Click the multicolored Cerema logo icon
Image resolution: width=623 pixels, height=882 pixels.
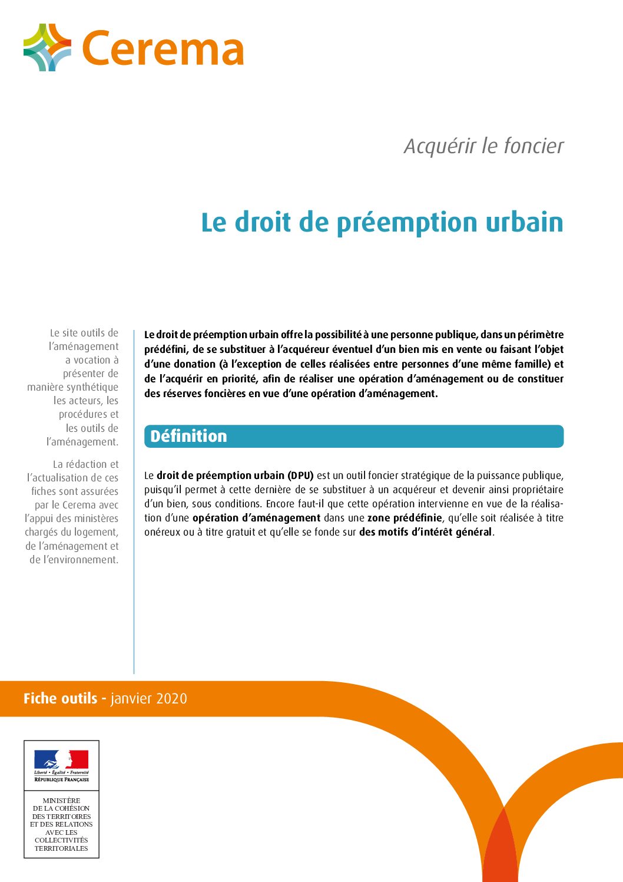(x=47, y=48)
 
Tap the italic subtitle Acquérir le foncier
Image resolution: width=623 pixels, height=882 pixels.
(x=483, y=146)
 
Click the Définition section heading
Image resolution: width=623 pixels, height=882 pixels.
(x=188, y=436)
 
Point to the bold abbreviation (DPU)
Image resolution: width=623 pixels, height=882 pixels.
(x=300, y=475)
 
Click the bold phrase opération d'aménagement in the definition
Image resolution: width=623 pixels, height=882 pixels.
(x=256, y=518)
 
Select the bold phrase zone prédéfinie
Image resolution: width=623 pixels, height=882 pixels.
(x=404, y=518)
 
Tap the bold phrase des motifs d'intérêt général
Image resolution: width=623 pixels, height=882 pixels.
(x=425, y=532)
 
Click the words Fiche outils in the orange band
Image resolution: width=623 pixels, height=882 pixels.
(x=60, y=699)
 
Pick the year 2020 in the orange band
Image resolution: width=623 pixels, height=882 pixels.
(x=172, y=699)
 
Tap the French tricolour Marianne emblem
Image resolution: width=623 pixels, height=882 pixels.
(x=61, y=759)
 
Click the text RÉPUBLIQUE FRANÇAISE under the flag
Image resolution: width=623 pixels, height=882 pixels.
(x=61, y=779)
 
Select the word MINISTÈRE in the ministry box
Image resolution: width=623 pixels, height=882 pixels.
(x=61, y=801)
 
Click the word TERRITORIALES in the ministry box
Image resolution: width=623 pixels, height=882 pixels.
(x=61, y=848)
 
